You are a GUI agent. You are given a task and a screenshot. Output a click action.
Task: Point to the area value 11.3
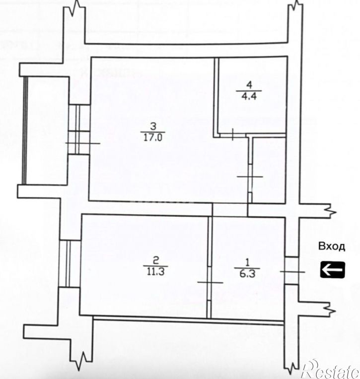coord(155,271)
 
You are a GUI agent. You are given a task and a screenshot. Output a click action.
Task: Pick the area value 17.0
coord(153,138)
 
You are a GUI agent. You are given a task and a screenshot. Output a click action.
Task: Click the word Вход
coord(329,247)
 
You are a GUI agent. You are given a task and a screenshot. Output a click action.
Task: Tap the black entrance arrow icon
coord(331,270)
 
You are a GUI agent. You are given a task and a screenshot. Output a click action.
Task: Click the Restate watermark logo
coord(329,368)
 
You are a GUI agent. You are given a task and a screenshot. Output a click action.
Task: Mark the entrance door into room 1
coord(291,271)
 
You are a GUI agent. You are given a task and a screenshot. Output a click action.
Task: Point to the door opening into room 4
coord(233,134)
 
